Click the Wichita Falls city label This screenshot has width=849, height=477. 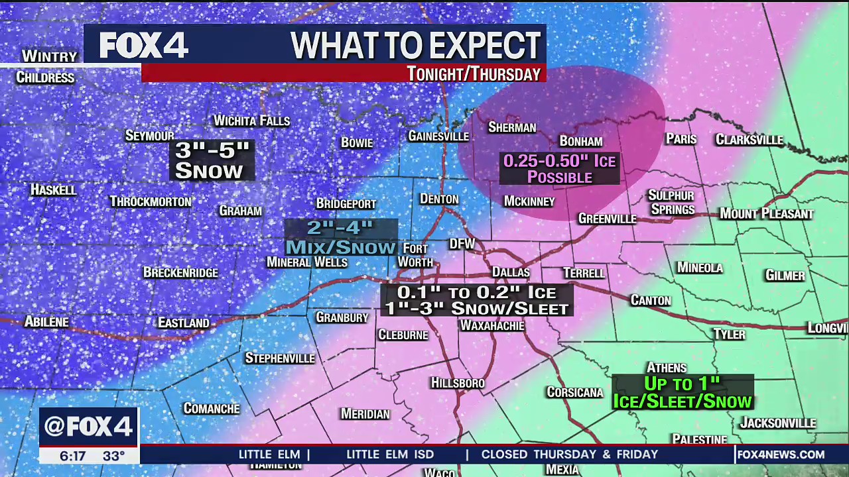point(251,121)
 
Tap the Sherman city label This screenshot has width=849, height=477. point(511,127)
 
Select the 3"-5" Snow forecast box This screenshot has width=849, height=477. point(212,160)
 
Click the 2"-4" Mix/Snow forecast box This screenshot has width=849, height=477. point(340,237)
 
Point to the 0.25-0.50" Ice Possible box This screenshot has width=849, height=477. point(559,169)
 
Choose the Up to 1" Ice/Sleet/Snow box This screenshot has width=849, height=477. point(682,392)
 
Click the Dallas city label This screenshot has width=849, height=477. point(511,272)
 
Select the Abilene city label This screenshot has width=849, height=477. point(46,322)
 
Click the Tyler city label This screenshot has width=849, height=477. point(729,335)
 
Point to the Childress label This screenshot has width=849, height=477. point(45,78)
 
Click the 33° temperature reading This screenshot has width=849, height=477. point(113,456)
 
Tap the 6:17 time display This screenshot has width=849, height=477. point(72,456)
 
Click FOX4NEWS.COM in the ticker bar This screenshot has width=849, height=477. point(781,454)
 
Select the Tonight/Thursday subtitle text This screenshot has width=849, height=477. point(474,74)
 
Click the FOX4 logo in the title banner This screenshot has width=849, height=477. point(144,45)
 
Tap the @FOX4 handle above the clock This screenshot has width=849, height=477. point(88,427)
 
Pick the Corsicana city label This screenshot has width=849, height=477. point(574,392)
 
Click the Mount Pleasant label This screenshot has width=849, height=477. point(766,214)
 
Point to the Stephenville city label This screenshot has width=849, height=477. point(279,358)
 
